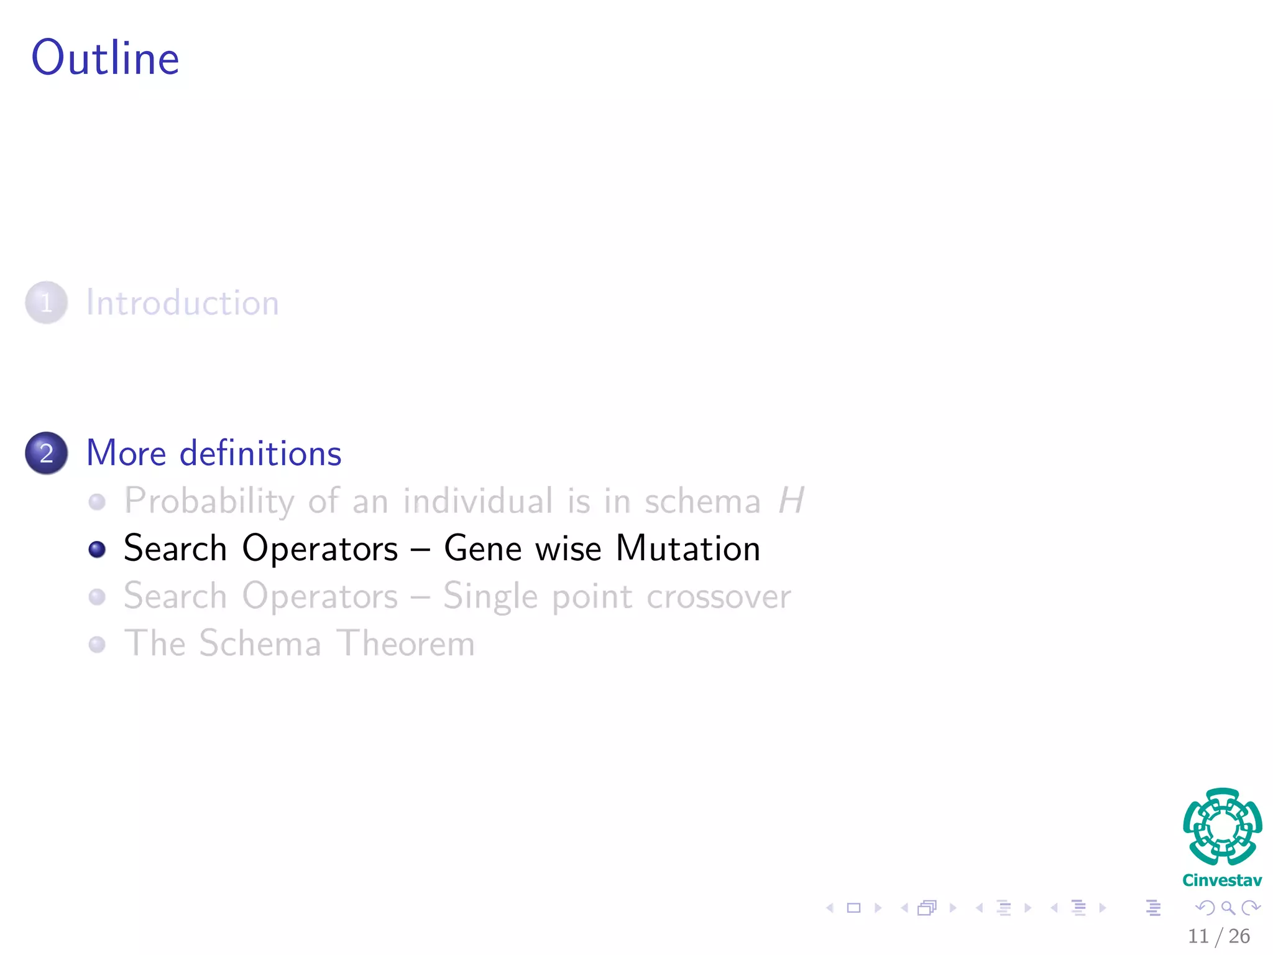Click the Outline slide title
105,58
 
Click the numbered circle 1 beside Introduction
46,303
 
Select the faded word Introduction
182,303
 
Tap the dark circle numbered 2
46,453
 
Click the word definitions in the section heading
260,453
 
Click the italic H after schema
791,501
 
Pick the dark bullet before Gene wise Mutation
96,549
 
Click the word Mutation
688,548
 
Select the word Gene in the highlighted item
482,548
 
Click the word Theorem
406,644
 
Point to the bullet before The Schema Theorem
96,644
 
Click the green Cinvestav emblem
1222,826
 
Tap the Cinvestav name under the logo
1222,880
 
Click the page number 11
1198,936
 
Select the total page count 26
1239,936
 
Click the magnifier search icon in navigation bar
1228,908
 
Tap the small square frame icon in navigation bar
853,908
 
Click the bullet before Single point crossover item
96,597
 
